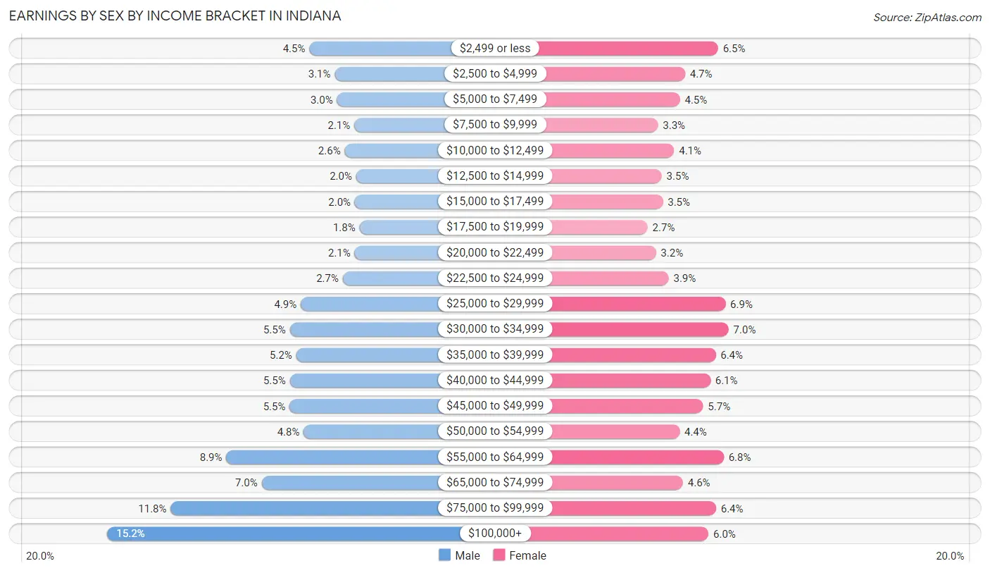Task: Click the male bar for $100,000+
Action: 282,534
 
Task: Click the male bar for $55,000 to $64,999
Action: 332,457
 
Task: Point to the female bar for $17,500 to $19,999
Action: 599,227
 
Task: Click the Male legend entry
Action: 458,555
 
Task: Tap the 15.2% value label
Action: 131,534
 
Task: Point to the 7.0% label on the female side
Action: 744,329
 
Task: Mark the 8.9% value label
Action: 211,457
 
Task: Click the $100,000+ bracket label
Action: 495,534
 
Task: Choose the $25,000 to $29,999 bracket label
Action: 495,304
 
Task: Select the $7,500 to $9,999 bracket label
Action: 495,125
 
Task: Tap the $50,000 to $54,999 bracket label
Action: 495,431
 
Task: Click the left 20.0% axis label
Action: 40,555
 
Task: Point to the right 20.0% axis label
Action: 950,555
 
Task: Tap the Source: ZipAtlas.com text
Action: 927,17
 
